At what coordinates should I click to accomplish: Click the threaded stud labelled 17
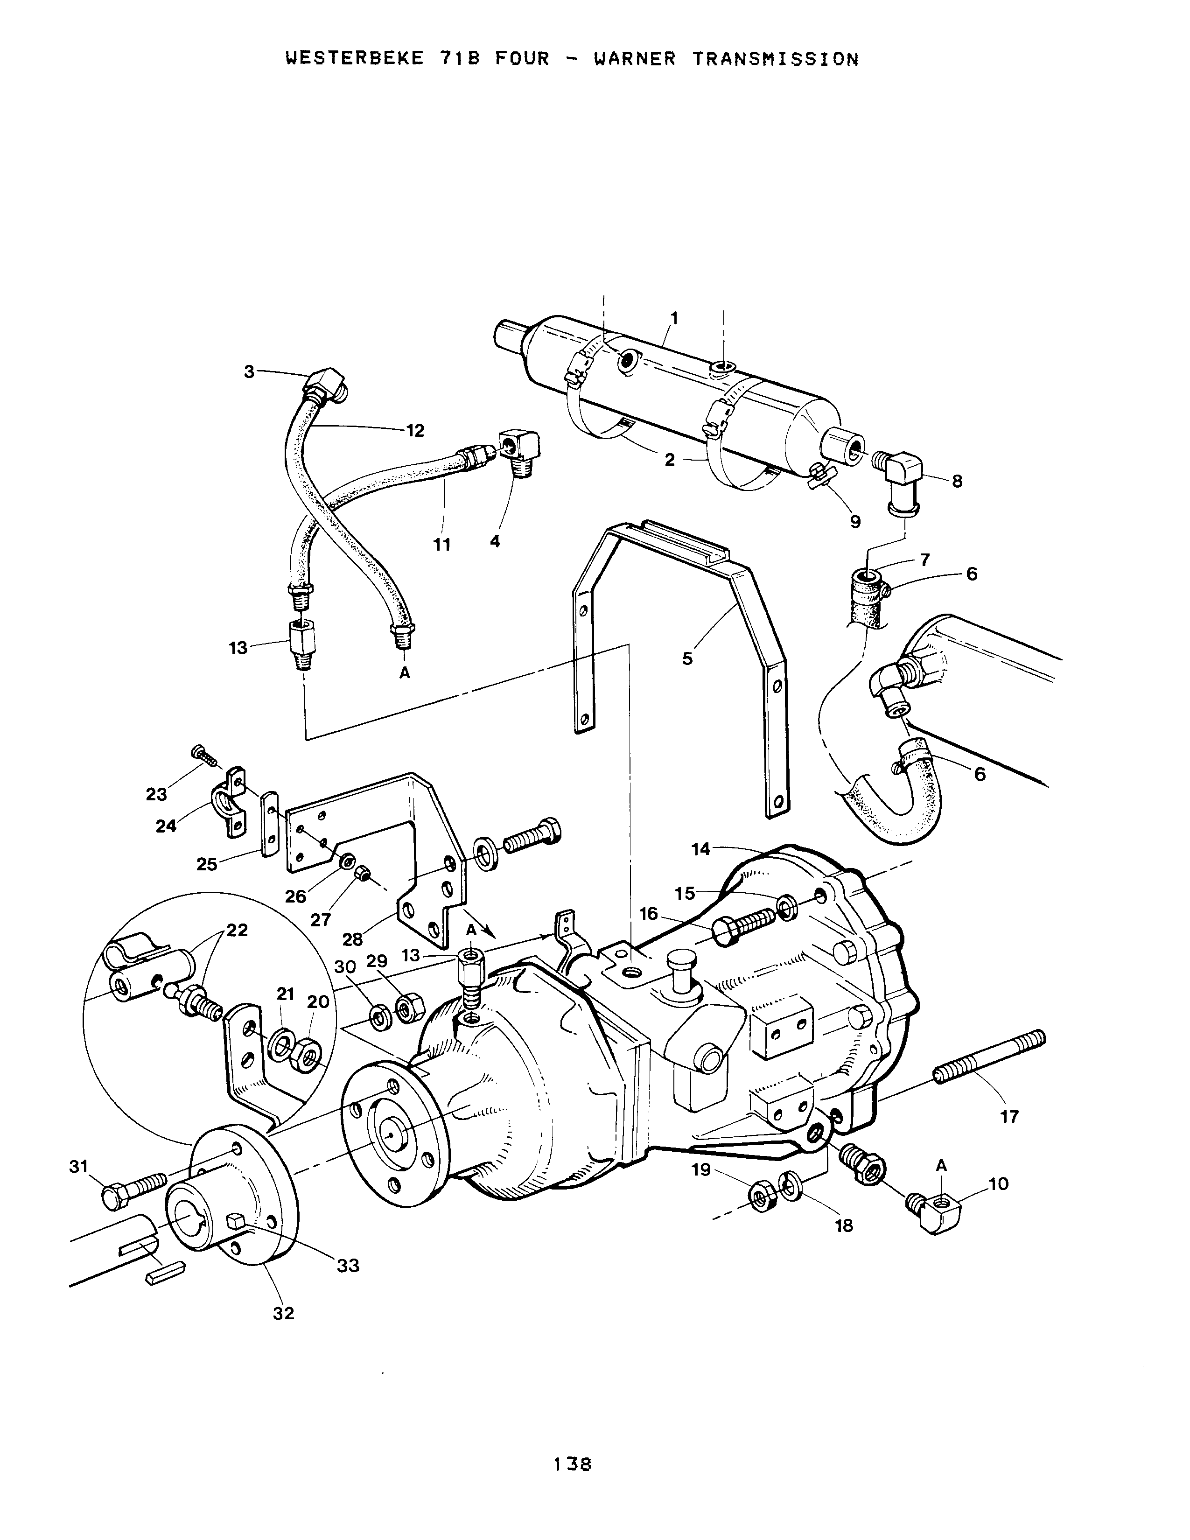click(990, 1056)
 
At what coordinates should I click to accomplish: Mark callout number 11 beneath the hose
click(442, 544)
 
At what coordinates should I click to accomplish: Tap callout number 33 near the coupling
click(348, 1265)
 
